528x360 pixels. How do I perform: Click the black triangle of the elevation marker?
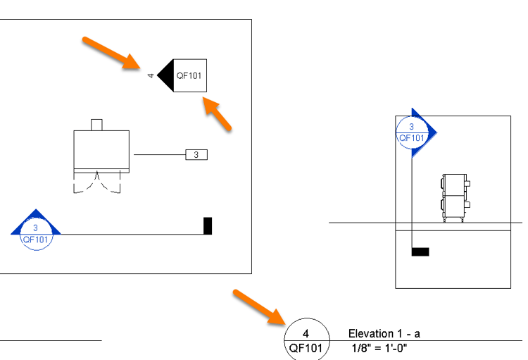pos(165,75)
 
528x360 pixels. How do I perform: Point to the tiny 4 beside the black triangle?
pos(150,75)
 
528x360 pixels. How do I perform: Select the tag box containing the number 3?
pos(196,154)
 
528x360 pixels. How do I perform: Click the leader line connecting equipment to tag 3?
pos(159,154)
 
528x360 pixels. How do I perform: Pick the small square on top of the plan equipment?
pos(97,125)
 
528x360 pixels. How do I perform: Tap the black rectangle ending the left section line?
pos(208,225)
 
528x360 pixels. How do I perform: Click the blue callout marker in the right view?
pos(415,131)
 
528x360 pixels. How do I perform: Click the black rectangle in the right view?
pos(420,252)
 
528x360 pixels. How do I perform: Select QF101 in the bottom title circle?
pos(306,348)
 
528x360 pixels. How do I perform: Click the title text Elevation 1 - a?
pos(384,334)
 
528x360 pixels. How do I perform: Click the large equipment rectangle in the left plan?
pos(101,149)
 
